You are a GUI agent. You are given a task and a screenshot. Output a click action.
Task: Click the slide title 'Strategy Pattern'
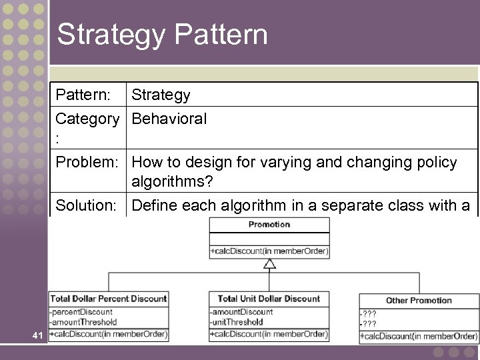[162, 35]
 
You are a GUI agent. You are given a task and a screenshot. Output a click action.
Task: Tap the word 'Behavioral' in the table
[169, 119]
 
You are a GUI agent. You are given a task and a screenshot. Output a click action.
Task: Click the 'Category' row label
[87, 119]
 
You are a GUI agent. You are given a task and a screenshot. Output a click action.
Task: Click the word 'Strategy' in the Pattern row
[161, 95]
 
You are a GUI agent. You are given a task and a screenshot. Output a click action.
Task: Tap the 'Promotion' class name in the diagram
[269, 225]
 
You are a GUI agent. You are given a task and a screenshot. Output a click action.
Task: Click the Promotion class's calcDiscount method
[269, 251]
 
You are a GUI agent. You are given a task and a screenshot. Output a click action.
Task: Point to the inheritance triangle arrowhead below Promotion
[269, 265]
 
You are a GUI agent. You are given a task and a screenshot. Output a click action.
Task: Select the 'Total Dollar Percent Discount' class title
[108, 299]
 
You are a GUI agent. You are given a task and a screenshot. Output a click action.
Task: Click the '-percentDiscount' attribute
[81, 312]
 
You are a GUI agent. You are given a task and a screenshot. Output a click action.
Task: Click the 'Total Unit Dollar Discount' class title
[269, 299]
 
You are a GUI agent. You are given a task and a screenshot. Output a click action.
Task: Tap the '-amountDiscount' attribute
[241, 312]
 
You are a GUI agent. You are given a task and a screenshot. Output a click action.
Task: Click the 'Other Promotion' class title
[418, 300]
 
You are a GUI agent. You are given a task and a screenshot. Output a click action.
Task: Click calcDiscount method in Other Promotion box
[419, 335]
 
